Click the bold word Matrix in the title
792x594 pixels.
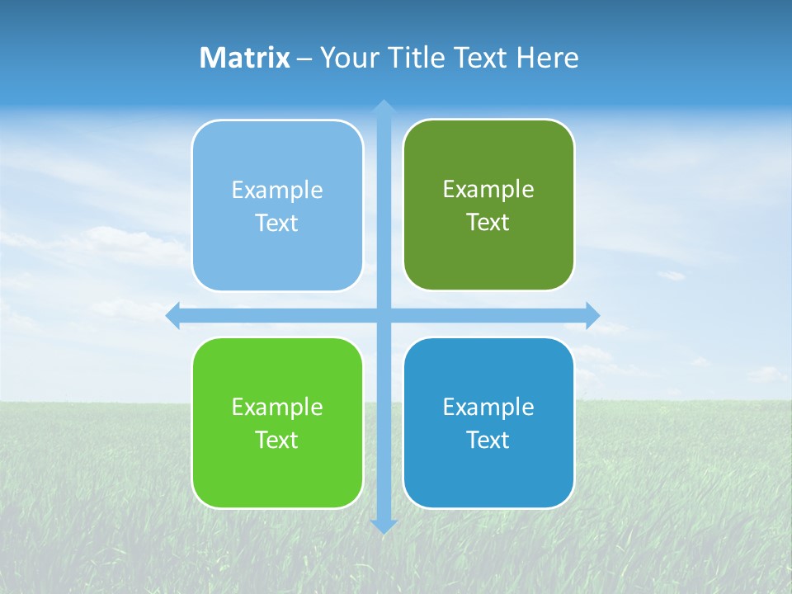(x=244, y=58)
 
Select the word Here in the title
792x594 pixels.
(x=547, y=58)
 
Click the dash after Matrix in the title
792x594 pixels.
(x=304, y=59)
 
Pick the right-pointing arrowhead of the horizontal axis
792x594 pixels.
(x=592, y=315)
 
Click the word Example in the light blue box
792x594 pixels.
(x=277, y=191)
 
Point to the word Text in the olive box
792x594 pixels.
(x=488, y=223)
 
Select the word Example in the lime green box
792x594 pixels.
(x=277, y=408)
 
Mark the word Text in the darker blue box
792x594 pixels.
(x=488, y=441)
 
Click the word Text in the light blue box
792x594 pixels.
(x=277, y=224)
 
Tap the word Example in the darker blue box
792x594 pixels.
(x=488, y=408)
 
